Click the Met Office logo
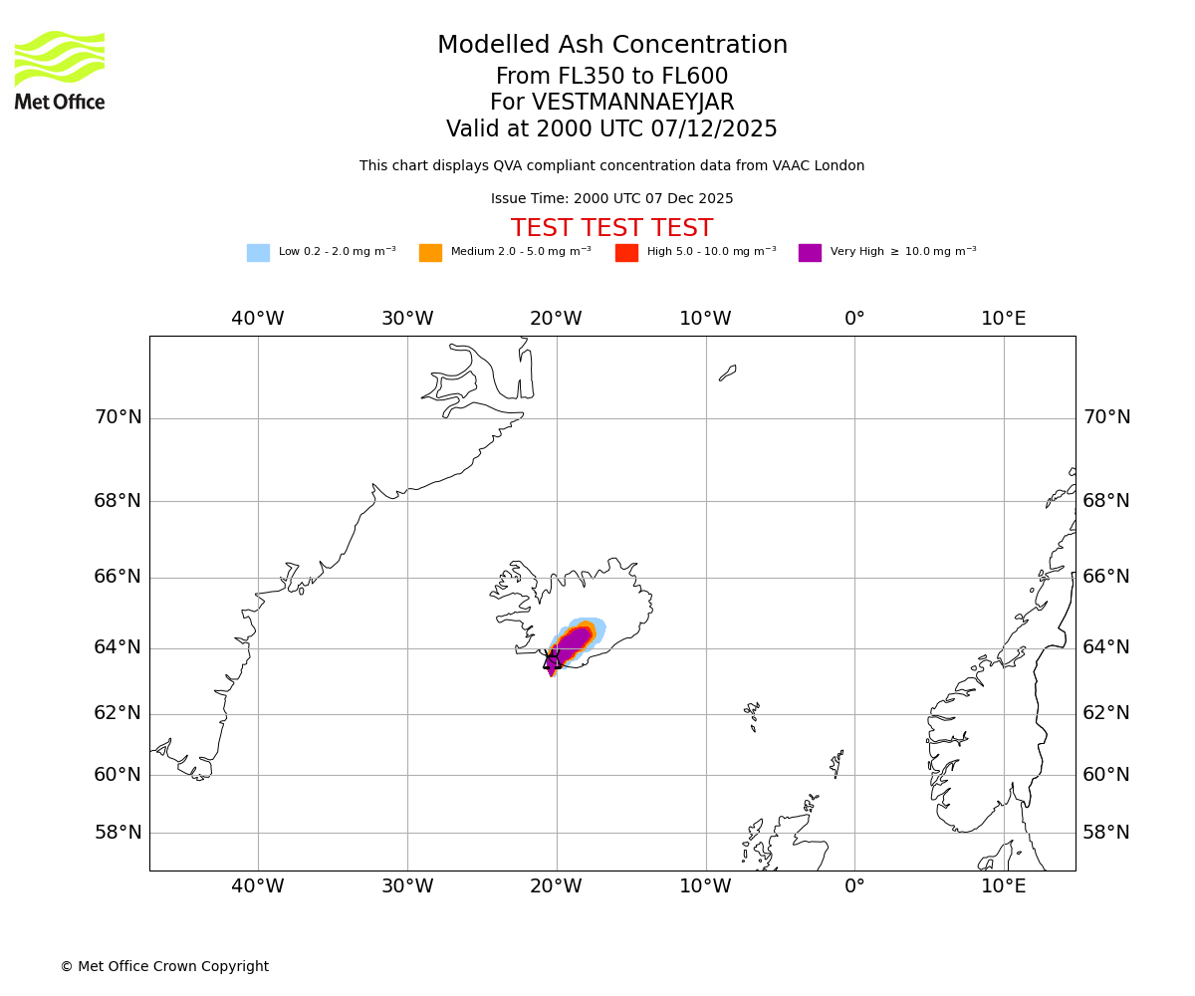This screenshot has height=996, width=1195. [x=60, y=70]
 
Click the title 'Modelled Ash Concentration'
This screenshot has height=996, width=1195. [x=611, y=46]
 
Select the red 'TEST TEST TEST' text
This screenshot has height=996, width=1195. [x=611, y=229]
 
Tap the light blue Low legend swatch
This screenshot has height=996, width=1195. [x=258, y=253]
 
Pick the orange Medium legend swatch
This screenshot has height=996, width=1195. [x=430, y=253]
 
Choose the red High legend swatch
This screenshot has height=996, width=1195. [x=626, y=253]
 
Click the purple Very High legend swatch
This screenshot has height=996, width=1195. [x=810, y=253]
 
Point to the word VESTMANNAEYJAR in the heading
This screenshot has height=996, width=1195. [x=632, y=103]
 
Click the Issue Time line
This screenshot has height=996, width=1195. [x=611, y=199]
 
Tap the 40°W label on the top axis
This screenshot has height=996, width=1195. [x=258, y=319]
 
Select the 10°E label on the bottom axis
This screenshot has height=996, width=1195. [x=1003, y=886]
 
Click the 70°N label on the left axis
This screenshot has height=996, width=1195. [x=118, y=417]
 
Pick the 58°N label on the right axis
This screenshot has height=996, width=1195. [x=1106, y=833]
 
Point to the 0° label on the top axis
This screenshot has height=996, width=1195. [x=854, y=319]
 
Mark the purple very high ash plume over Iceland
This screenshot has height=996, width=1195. [x=572, y=642]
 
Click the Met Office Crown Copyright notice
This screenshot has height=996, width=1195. [x=164, y=966]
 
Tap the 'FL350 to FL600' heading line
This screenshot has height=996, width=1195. [x=611, y=77]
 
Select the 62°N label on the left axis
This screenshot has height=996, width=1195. [x=118, y=713]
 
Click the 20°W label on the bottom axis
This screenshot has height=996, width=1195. [x=556, y=886]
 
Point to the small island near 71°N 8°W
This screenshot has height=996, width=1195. [x=728, y=373]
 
